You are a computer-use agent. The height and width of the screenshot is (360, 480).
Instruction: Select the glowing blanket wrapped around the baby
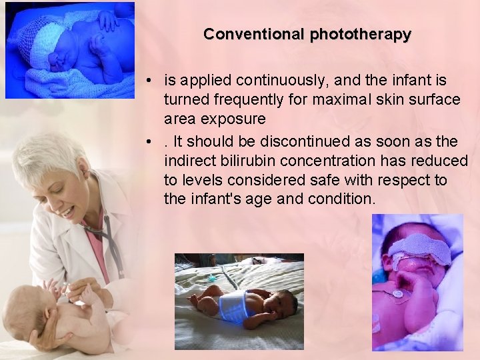(x=233, y=305)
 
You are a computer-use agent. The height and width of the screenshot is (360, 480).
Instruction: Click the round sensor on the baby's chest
(x=397, y=294)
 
